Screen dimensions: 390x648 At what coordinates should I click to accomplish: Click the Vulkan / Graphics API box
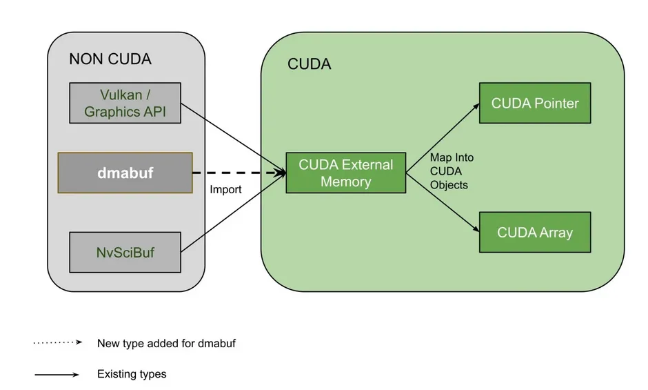(125, 103)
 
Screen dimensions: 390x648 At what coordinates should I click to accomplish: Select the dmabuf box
(125, 173)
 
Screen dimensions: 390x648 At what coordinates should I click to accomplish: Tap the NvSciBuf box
(125, 252)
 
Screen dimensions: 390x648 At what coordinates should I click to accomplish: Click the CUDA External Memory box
(345, 173)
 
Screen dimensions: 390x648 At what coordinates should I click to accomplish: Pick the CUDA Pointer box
(535, 104)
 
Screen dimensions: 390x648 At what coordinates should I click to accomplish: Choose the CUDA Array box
(535, 233)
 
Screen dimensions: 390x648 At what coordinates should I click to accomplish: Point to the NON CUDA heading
(110, 59)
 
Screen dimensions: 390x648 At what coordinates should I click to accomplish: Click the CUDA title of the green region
(309, 64)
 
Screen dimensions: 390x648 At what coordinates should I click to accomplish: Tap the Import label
(225, 189)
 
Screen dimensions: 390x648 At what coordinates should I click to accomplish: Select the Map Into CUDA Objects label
(452, 171)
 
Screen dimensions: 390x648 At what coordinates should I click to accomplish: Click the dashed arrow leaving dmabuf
(238, 173)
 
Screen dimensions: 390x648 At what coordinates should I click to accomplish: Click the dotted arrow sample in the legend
(57, 342)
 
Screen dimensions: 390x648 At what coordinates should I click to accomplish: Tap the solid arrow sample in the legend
(57, 375)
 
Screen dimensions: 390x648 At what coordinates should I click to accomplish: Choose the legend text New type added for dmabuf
(166, 343)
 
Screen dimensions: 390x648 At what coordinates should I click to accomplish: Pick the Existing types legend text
(132, 374)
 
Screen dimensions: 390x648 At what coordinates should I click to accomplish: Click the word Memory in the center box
(345, 182)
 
